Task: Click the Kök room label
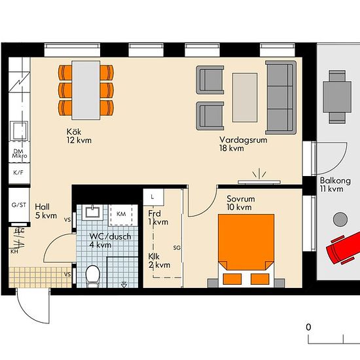[74, 132]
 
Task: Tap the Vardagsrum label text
[243, 140]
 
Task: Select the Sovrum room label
[241, 198]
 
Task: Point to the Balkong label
[335, 181]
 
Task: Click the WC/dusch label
[110, 236]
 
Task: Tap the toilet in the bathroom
[93, 276]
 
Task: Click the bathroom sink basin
[92, 212]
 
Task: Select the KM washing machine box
[121, 215]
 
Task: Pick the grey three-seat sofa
[281, 98]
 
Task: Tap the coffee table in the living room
[245, 98]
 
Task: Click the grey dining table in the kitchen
[86, 90]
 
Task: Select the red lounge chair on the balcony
[344, 248]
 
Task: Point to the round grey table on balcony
[340, 219]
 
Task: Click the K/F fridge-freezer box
[19, 173]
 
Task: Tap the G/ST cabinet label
[19, 205]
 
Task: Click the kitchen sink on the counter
[19, 131]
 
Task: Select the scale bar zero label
[308, 327]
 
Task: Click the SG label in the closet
[177, 248]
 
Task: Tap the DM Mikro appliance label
[20, 154]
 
